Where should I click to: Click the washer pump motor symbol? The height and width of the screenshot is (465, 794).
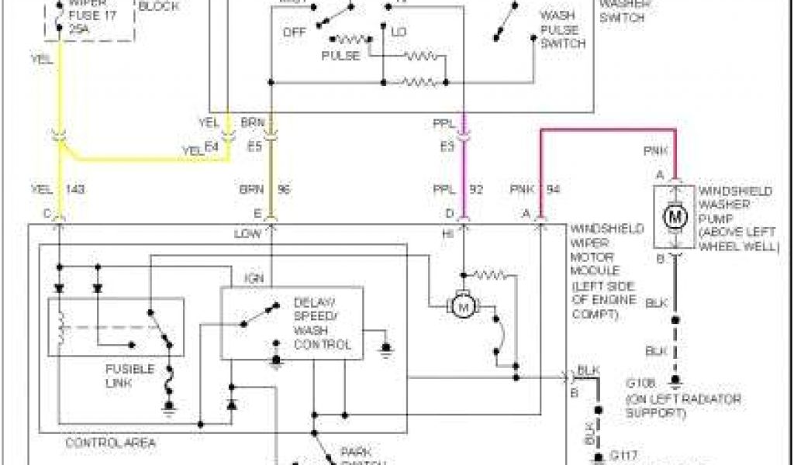tap(674, 215)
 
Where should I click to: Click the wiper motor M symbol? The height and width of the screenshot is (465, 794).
tap(464, 307)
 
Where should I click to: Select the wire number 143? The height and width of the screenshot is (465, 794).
tap(75, 189)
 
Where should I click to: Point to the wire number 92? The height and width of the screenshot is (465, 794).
tap(477, 189)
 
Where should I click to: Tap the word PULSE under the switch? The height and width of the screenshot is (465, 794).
tap(340, 56)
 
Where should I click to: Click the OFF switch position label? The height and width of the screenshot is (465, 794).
tap(294, 33)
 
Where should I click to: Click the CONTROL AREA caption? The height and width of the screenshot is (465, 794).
tap(110, 443)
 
